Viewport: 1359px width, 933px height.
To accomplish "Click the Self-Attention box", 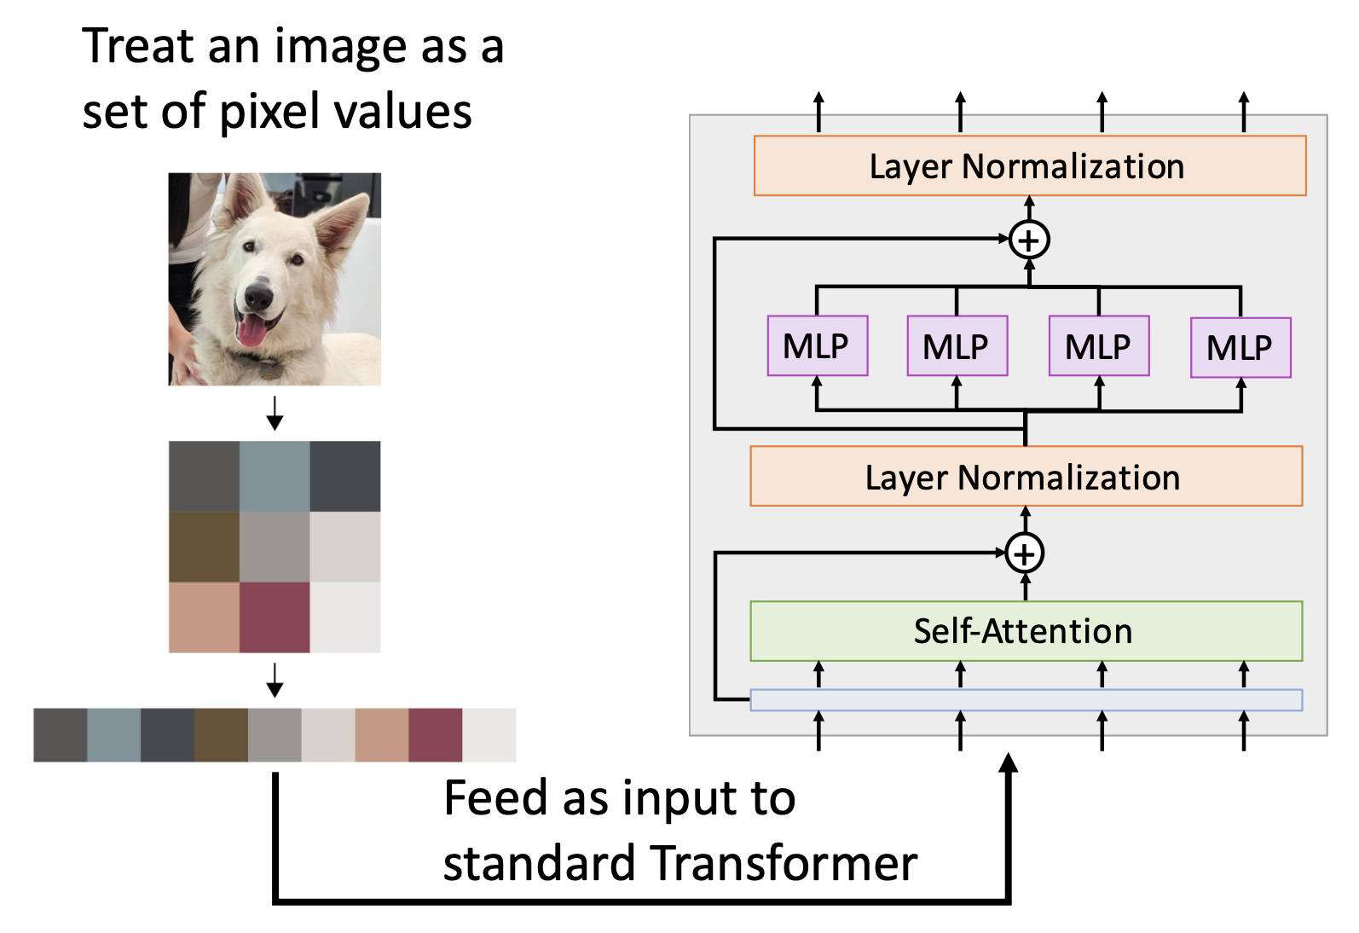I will click(x=1026, y=631).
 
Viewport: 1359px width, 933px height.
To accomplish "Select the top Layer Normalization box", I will click(x=1029, y=166).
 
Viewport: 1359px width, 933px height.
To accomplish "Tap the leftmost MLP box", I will click(x=817, y=345).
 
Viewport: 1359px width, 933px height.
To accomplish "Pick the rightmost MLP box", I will click(x=1240, y=347).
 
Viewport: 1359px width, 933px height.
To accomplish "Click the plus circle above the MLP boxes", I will click(x=1029, y=240).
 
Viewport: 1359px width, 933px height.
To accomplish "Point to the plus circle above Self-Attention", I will click(x=1025, y=553).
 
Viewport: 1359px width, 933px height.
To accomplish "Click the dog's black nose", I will click(x=257, y=297).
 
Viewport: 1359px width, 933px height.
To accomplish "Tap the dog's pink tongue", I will click(x=251, y=331).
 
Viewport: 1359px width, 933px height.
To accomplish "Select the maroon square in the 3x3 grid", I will click(x=275, y=617).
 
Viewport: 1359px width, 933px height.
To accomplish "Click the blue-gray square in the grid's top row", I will click(x=275, y=476).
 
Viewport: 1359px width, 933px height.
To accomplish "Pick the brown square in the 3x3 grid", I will click(x=204, y=547).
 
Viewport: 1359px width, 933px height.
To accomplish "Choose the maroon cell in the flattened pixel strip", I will click(x=435, y=734).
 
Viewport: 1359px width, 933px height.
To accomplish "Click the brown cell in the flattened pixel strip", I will click(x=221, y=734).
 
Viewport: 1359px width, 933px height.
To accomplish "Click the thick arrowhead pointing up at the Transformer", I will click(x=1009, y=763).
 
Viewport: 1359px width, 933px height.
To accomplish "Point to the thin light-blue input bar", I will click(x=1026, y=700).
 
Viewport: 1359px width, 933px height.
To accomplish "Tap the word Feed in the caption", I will click(x=494, y=799).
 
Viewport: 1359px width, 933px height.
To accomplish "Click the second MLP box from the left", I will click(x=957, y=346).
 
